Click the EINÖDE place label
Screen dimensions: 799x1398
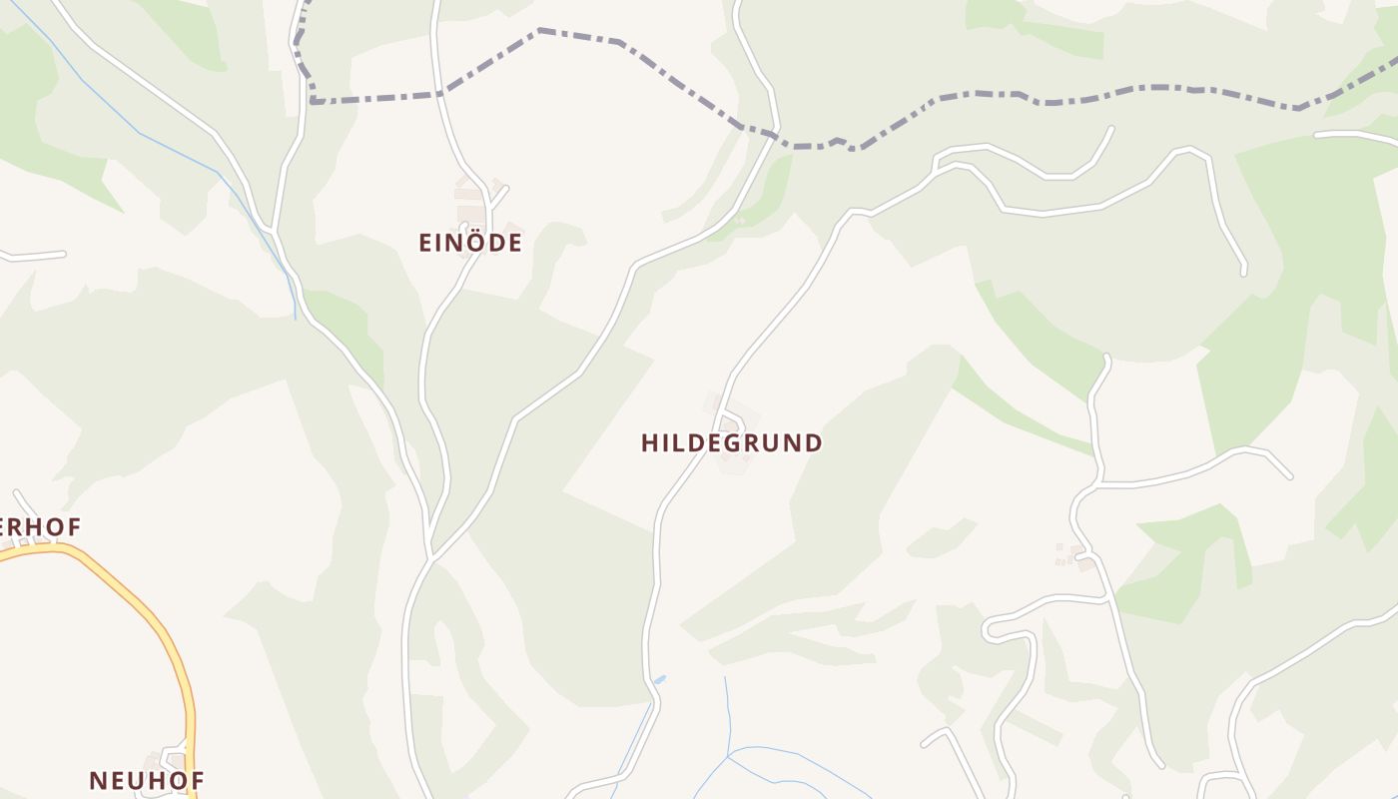469,243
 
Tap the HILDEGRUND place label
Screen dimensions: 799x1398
731,443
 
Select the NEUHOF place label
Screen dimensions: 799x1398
146,780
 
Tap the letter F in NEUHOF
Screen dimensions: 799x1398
196,780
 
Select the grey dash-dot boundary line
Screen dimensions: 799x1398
619,42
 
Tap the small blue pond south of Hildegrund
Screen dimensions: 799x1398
659,679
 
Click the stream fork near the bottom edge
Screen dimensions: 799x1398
729,755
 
